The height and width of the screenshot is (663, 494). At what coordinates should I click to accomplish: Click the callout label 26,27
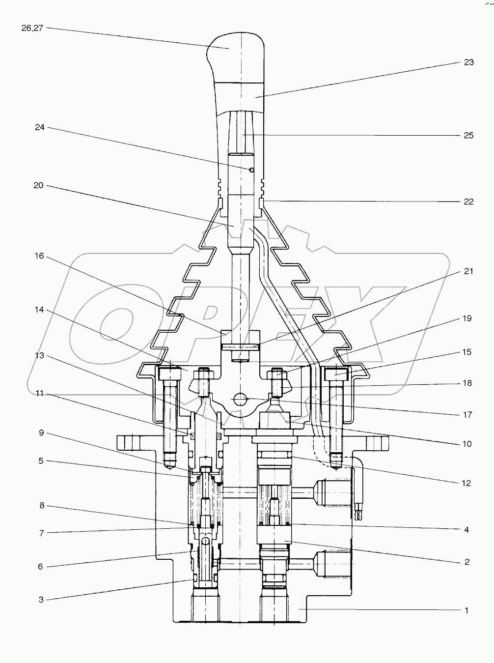(32, 28)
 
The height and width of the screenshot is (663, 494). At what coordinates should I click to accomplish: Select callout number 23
(468, 62)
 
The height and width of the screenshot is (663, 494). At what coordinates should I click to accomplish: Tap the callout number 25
(468, 135)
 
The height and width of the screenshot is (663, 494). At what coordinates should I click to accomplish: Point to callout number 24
(40, 127)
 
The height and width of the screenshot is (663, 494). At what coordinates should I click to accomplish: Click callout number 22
(468, 202)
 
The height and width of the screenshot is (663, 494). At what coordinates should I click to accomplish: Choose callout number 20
(38, 185)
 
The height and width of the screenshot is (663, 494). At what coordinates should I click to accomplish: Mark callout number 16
(39, 256)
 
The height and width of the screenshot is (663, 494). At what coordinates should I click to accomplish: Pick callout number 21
(468, 271)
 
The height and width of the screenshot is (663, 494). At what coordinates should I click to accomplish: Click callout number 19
(467, 318)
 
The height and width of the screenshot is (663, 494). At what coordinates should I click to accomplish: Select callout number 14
(39, 310)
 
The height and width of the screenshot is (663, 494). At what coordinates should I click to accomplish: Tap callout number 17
(467, 414)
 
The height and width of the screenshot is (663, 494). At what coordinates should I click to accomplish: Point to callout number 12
(466, 483)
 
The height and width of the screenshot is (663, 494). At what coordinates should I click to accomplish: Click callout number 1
(467, 610)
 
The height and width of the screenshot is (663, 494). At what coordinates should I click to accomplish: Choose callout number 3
(41, 600)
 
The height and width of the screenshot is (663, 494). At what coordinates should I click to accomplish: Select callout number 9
(41, 432)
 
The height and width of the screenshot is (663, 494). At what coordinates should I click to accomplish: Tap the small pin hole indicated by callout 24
(251, 170)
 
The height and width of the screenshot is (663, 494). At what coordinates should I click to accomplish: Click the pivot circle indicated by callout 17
(241, 398)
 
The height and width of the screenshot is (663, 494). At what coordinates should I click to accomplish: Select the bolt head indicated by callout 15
(337, 374)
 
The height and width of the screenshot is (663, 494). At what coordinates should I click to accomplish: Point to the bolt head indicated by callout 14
(170, 374)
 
